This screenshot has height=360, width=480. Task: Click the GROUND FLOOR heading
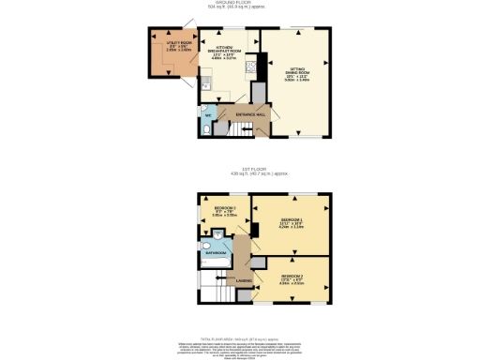(x=240, y=3)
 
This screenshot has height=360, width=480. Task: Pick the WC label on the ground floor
(x=208, y=116)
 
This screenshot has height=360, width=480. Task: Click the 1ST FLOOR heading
(x=240, y=170)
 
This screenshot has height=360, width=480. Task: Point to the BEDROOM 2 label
(x=292, y=277)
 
